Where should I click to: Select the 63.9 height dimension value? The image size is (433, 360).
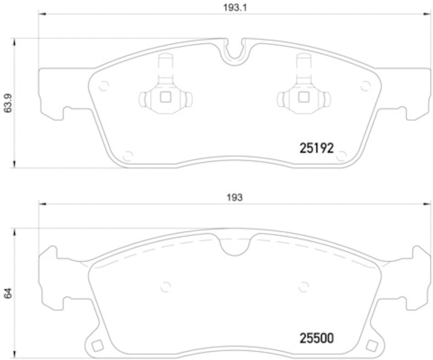[8, 102]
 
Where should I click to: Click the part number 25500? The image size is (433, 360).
[316, 338]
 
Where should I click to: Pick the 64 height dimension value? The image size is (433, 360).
[8, 294]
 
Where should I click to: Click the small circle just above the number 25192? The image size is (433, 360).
[341, 156]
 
